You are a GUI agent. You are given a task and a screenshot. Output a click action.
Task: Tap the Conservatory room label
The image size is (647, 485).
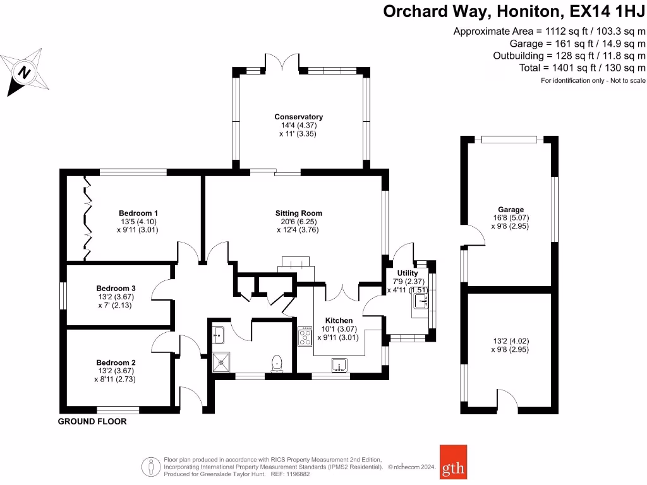coord(298,117)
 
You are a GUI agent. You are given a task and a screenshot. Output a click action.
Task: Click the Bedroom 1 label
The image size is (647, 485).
coord(138,213)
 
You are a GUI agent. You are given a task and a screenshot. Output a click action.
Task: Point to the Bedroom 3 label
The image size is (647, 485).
coord(116,289)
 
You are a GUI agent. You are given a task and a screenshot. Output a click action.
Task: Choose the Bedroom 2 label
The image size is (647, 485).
coord(116,362)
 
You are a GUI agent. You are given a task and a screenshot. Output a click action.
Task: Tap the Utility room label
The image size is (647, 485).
coord(408,273)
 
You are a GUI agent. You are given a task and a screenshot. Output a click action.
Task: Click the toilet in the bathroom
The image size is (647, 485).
coord(276,363)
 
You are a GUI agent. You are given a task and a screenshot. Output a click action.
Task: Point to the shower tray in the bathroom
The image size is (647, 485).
coord(222,362)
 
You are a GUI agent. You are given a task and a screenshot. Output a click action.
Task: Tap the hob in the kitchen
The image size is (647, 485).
coord(305,336)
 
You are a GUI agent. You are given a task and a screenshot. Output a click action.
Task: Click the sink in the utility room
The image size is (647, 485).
coord(420,301)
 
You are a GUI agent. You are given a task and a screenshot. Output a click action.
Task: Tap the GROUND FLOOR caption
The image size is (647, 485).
coord(92,421)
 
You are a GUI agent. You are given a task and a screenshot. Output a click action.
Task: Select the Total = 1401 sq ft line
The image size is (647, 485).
coord(582,68)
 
